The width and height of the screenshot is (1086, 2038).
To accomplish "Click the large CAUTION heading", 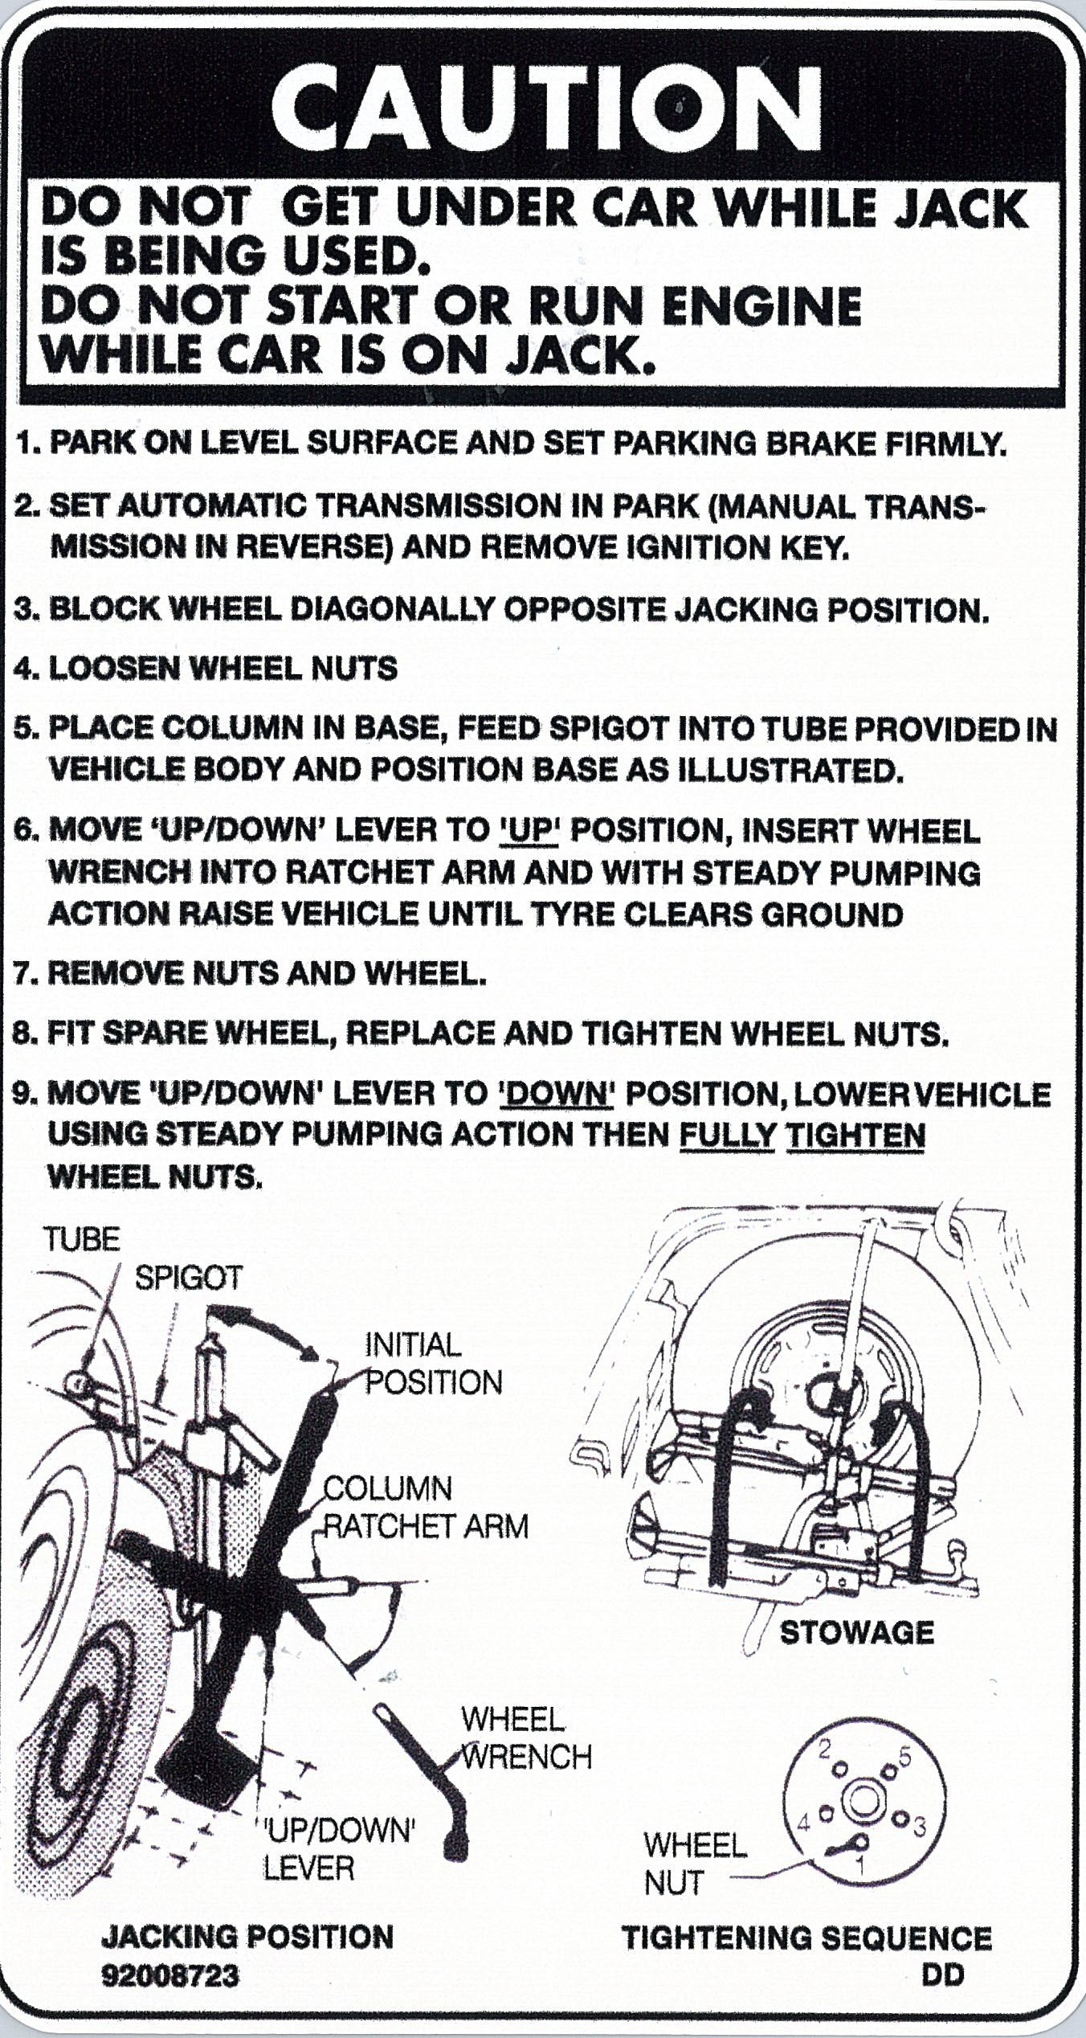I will click(545, 112).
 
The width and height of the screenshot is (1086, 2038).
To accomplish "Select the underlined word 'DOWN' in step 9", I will click(555, 1095).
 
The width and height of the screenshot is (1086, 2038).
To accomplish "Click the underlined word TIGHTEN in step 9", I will click(855, 1136).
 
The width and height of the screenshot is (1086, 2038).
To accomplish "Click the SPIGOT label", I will click(188, 1278).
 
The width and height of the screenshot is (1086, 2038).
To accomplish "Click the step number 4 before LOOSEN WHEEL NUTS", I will click(25, 669).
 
